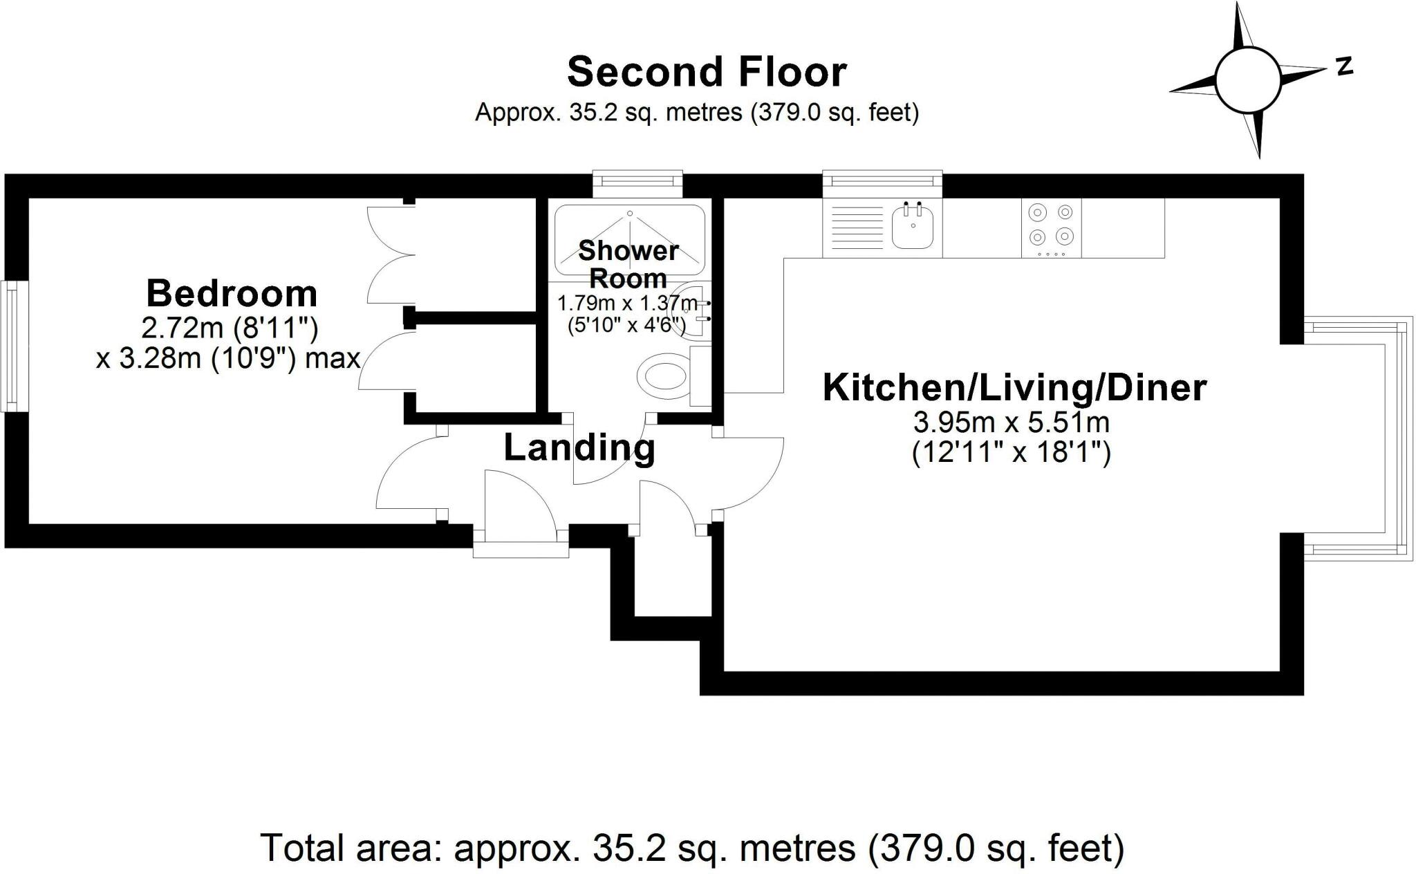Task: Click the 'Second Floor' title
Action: pos(707,73)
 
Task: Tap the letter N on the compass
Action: pos(1344,66)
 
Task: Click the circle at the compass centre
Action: pos(1248,80)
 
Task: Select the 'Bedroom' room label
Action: pos(232,293)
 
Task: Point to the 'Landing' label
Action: pos(579,447)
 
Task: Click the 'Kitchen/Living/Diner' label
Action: pos(1014,387)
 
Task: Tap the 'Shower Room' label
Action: pos(628,264)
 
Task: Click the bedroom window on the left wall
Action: pos(15,346)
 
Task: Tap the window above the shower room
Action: pos(637,183)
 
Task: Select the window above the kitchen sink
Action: pos(882,183)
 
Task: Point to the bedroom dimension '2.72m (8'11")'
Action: pos(231,328)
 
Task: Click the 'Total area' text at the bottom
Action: pos(693,848)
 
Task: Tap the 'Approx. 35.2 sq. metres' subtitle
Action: pos(697,112)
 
